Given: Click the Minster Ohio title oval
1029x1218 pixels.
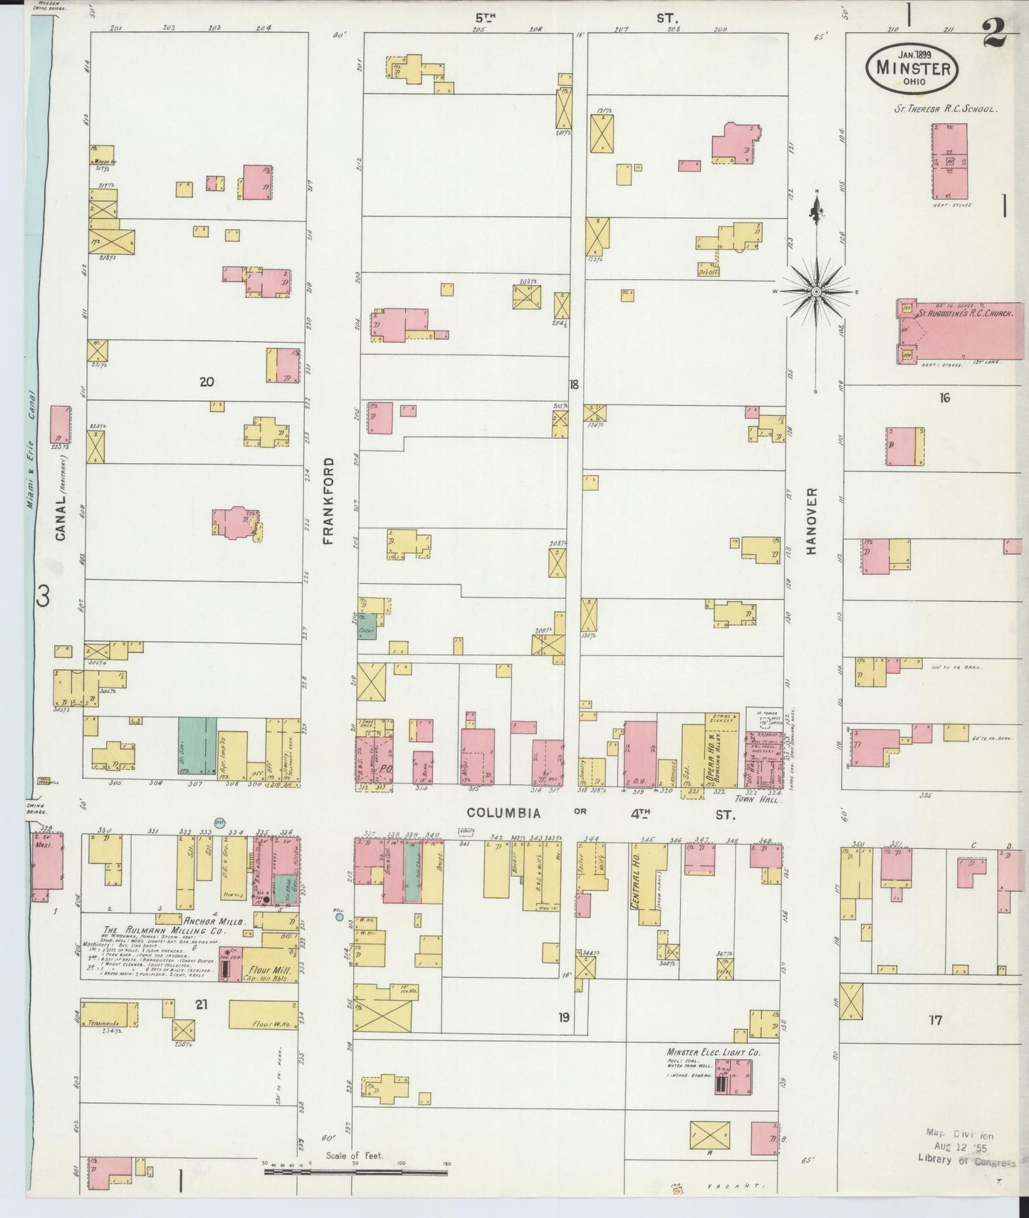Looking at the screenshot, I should pyautogui.click(x=913, y=68).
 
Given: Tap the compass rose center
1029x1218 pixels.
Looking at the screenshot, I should pyautogui.click(x=816, y=291).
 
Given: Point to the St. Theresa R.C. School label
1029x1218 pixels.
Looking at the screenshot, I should pyautogui.click(x=946, y=110).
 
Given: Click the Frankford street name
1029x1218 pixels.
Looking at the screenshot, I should pyautogui.click(x=328, y=501).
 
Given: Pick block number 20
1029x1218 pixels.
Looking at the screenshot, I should pyautogui.click(x=207, y=382).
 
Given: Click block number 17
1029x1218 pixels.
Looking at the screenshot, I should pyautogui.click(x=934, y=1020).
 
